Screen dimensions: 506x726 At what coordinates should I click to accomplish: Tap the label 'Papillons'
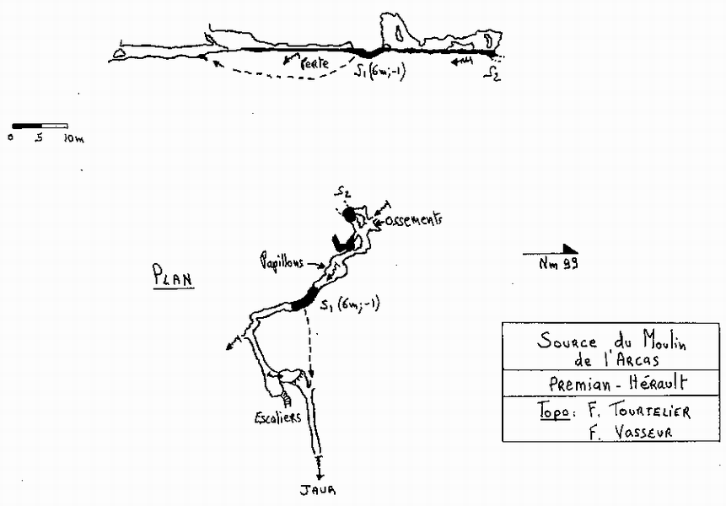click(283, 262)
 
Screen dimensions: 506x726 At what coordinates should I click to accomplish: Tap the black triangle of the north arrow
click(570, 248)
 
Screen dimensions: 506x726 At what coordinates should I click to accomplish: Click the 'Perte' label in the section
click(315, 62)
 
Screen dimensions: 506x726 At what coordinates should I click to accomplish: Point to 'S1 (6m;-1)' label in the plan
click(350, 306)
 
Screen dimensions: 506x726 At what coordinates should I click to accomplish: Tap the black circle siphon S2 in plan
click(350, 214)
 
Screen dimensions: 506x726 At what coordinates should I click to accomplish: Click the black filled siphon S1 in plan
click(303, 299)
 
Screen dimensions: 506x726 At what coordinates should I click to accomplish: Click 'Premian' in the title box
click(567, 382)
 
